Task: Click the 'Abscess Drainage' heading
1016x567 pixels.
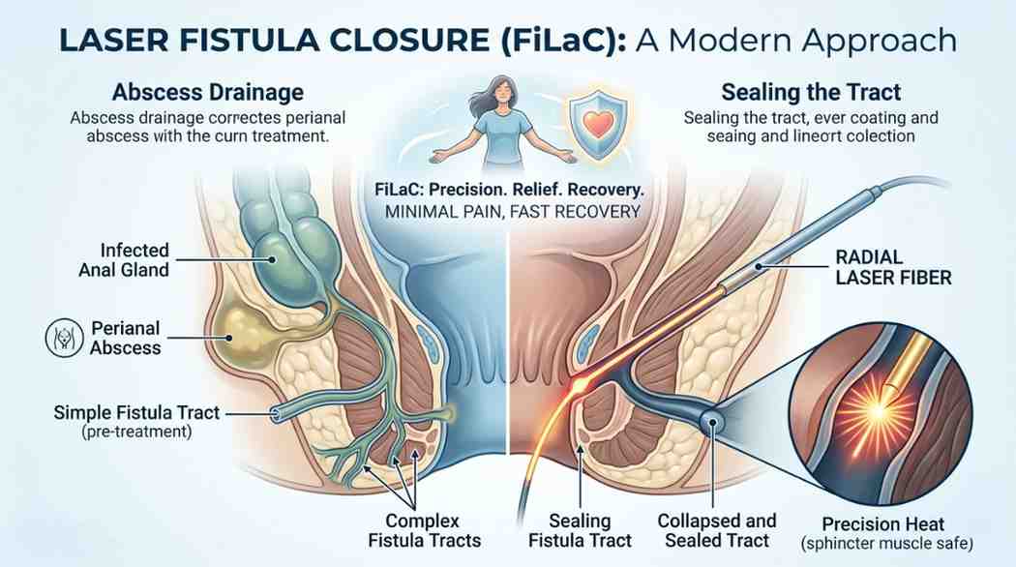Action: (x=207, y=94)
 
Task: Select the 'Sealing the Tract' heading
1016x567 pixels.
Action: (x=811, y=94)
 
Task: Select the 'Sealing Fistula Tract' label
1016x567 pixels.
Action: (x=589, y=531)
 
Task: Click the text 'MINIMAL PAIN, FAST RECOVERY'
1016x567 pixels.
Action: (x=509, y=210)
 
